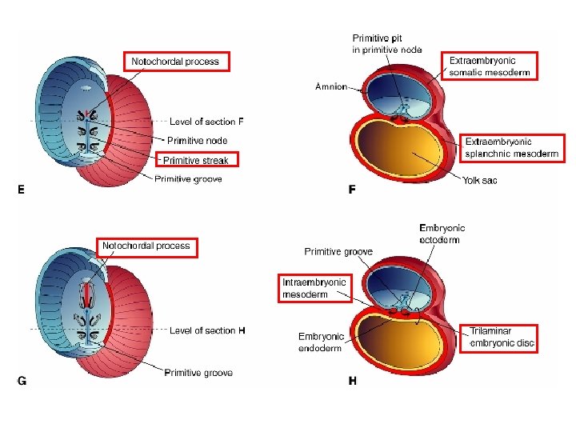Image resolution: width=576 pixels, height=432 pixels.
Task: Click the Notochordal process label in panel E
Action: [x=176, y=62]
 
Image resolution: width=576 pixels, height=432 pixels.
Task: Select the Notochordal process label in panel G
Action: [x=146, y=246]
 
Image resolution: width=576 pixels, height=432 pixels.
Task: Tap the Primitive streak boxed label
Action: [x=195, y=161]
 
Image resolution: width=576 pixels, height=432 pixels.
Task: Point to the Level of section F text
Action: [x=206, y=122]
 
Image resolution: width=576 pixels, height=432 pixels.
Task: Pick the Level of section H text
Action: [x=207, y=330]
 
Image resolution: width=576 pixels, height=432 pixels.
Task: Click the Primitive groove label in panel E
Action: [x=188, y=178]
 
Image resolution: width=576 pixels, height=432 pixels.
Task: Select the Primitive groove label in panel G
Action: [x=198, y=373]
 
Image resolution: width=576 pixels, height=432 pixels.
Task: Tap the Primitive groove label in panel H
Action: [x=338, y=252]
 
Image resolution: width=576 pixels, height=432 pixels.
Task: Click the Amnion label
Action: [x=331, y=86]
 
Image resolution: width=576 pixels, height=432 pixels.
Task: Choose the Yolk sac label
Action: [x=479, y=181]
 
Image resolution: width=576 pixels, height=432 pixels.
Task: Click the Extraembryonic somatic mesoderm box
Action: [x=490, y=66]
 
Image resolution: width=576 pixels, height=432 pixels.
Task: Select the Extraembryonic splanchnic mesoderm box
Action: [x=500, y=147]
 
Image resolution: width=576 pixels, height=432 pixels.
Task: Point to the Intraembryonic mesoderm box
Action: [x=314, y=288]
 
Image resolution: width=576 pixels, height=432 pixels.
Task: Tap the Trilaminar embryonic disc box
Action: [x=502, y=337]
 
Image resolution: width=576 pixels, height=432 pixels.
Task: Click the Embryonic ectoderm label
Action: [x=442, y=234]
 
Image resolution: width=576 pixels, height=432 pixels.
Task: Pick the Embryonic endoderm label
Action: [x=321, y=342]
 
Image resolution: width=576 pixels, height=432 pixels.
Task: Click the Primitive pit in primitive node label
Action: [x=387, y=43]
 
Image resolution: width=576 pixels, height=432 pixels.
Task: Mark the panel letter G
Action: [x=22, y=381]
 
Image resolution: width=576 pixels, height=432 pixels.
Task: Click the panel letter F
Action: [x=352, y=190]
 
